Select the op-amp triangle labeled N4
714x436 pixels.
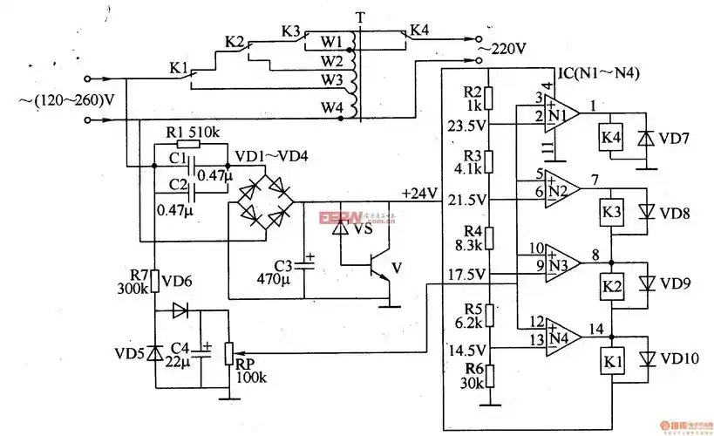[x=561, y=337]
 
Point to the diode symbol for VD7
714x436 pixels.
[x=646, y=139]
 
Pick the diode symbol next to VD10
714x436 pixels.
[x=646, y=359]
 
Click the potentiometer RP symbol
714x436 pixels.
[x=228, y=352]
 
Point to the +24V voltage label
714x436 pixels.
[x=418, y=193]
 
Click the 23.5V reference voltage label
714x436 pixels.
[x=466, y=125]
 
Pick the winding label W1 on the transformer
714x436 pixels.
[x=330, y=42]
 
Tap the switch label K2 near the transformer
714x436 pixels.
[x=235, y=41]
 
